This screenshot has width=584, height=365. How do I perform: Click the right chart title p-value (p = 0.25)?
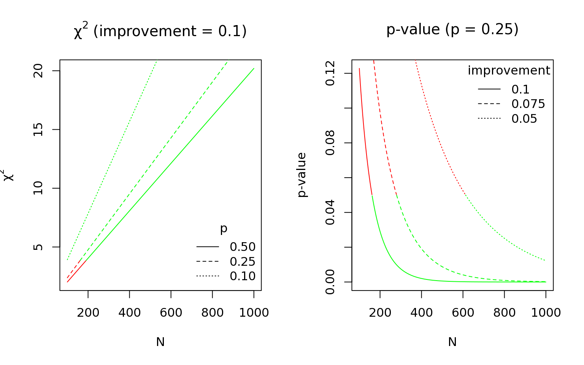click(452, 29)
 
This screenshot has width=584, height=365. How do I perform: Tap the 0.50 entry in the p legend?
click(243, 247)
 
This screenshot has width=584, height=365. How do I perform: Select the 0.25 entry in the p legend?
click(243, 262)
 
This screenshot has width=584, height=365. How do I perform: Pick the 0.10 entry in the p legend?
click(243, 276)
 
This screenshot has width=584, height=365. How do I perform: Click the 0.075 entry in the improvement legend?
click(528, 104)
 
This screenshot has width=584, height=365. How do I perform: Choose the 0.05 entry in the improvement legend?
click(524, 119)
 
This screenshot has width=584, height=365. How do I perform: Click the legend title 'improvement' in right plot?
click(509, 71)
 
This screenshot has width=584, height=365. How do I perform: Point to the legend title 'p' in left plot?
click(224, 229)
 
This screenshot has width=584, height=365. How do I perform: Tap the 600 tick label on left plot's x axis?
click(171, 313)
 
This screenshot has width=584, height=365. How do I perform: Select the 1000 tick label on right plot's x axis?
click(546, 313)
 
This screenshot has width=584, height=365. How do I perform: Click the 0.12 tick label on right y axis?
click(330, 73)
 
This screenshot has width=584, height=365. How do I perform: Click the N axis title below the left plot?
click(160, 342)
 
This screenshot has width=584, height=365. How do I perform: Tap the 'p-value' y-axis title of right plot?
click(302, 175)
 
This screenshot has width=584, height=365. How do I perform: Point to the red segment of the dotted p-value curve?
click(437, 133)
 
